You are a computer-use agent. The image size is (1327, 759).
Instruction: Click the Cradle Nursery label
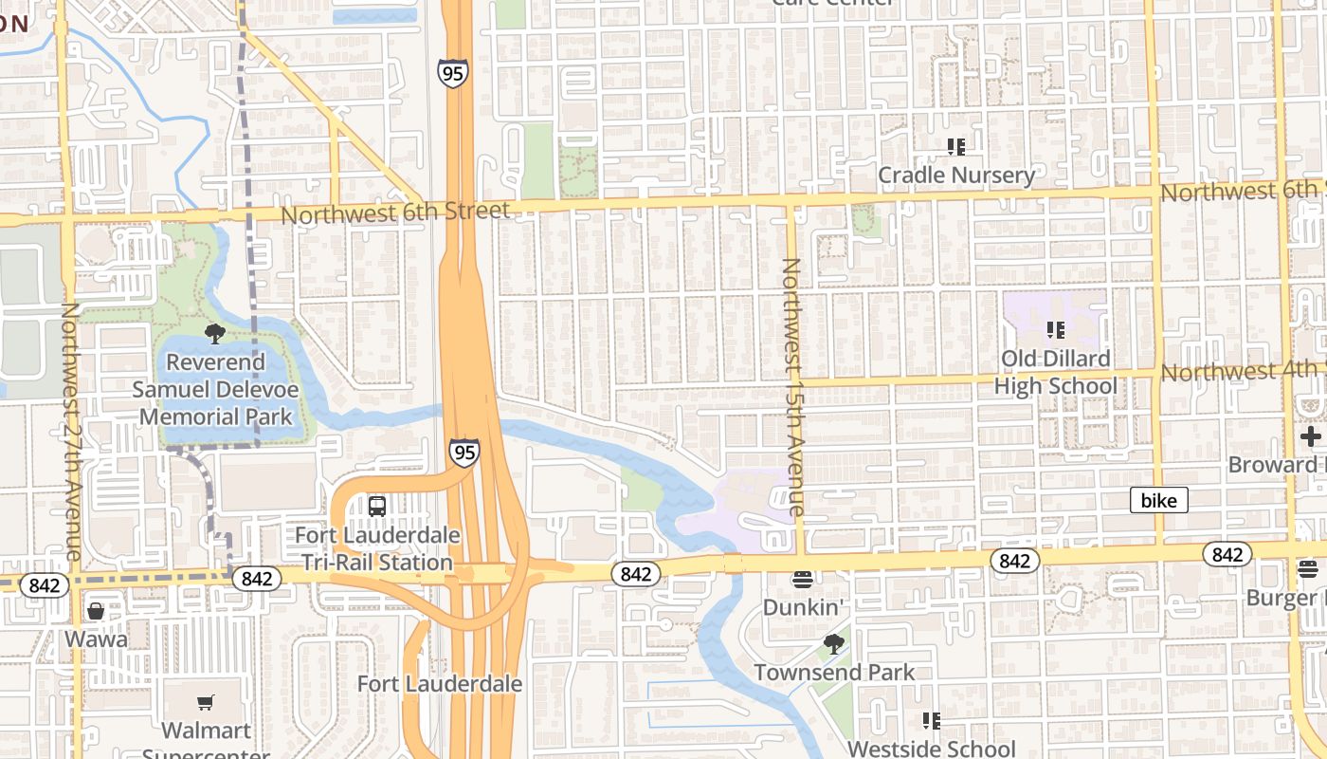pyautogui.click(x=955, y=176)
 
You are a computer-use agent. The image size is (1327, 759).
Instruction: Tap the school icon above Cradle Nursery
pyautogui.click(x=955, y=147)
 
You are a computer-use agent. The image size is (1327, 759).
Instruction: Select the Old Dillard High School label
pyautogui.click(x=1056, y=373)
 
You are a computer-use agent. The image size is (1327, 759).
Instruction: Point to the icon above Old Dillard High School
pyautogui.click(x=1055, y=330)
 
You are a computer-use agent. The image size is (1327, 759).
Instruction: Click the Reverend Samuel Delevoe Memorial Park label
pyautogui.click(x=215, y=390)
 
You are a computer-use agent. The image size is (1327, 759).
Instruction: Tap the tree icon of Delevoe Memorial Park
pyautogui.click(x=215, y=333)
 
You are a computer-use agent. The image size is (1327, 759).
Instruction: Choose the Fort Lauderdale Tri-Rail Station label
pyautogui.click(x=377, y=548)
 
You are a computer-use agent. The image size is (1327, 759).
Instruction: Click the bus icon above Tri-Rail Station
pyautogui.click(x=377, y=506)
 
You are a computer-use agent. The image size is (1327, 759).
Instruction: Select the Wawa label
pyautogui.click(x=96, y=639)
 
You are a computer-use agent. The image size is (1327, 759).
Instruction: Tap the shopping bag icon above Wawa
pyautogui.click(x=96, y=611)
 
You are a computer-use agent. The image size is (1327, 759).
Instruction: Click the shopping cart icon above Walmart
pyautogui.click(x=206, y=703)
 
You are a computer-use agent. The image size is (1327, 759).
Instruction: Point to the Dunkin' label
pyautogui.click(x=803, y=606)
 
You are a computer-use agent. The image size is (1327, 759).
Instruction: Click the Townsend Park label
pyautogui.click(x=834, y=673)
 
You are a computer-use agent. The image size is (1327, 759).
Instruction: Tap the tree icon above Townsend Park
pyautogui.click(x=834, y=645)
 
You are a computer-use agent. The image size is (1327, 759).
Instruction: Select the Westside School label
pyautogui.click(x=931, y=749)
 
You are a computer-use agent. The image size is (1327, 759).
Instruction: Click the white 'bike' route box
pyautogui.click(x=1158, y=501)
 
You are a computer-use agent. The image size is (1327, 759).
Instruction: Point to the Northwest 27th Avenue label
pyautogui.click(x=70, y=432)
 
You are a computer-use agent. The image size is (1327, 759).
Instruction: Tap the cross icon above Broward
pyautogui.click(x=1311, y=436)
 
